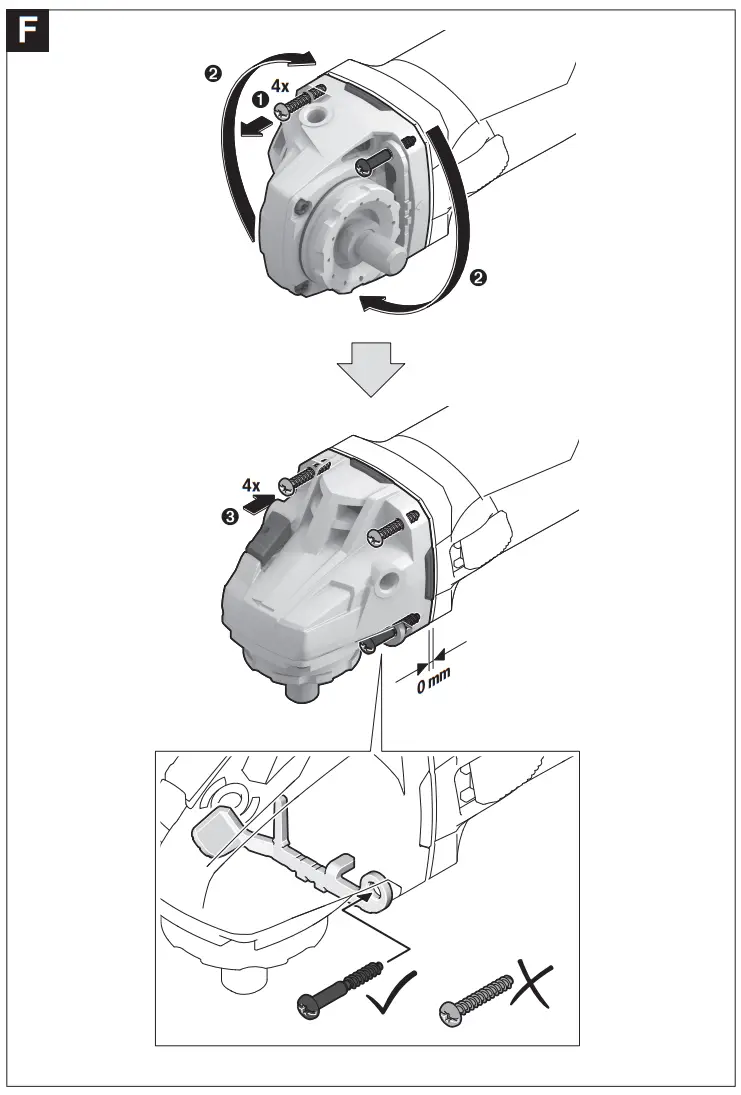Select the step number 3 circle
click(231, 516)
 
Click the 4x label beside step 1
click(280, 87)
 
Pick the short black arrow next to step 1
click(258, 123)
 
